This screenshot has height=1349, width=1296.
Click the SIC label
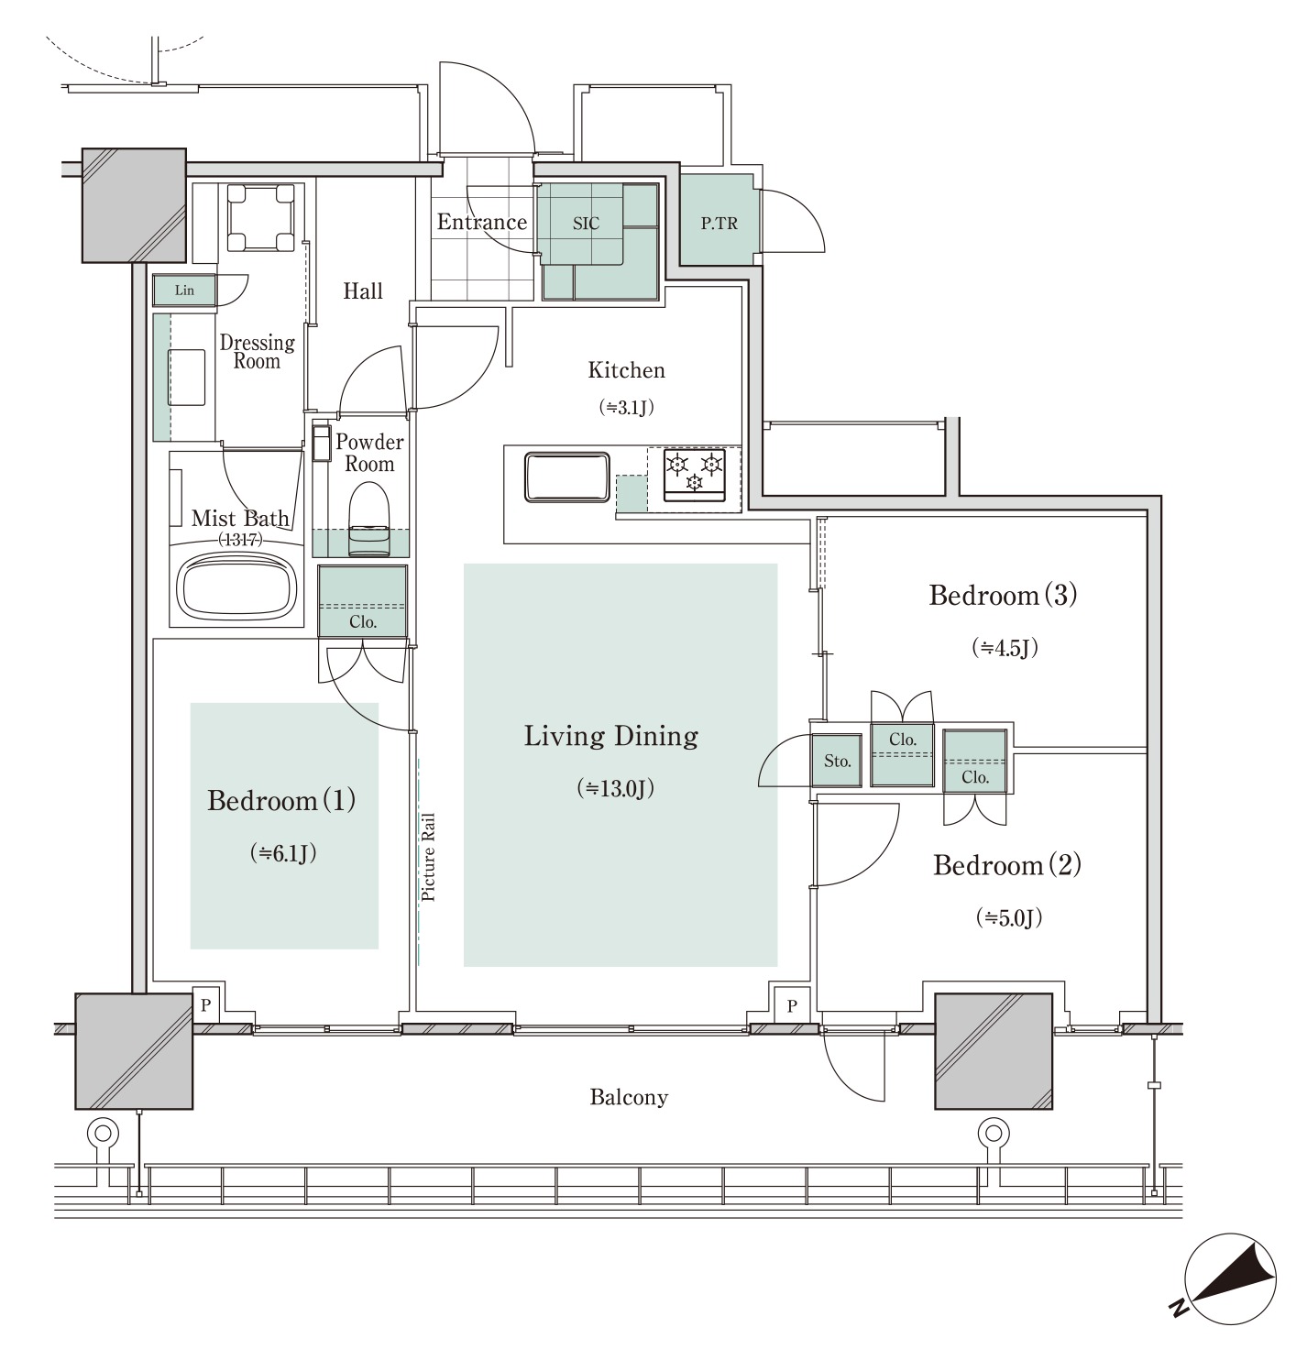click(x=586, y=224)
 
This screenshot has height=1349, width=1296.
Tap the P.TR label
click(x=719, y=224)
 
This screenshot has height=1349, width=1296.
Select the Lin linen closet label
click(x=184, y=290)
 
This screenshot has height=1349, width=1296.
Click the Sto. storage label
click(x=837, y=762)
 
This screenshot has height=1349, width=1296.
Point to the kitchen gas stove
click(x=695, y=474)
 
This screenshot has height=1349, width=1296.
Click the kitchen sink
click(x=567, y=477)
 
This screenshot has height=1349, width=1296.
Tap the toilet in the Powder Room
click(x=368, y=519)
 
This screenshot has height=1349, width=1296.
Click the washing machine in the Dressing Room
click(x=260, y=218)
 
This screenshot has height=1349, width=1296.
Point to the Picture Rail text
click(x=429, y=857)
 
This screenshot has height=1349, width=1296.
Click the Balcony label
click(x=629, y=1097)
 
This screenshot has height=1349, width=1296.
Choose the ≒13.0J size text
click(x=616, y=788)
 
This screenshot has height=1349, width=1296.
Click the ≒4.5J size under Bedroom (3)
click(x=1005, y=647)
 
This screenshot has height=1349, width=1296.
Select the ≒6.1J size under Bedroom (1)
click(x=283, y=852)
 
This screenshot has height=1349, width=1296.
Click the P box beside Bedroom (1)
click(x=206, y=1004)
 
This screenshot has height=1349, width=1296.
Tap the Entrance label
click(x=482, y=222)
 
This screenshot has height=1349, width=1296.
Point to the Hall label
click(x=363, y=291)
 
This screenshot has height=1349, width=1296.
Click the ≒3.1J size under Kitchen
click(x=627, y=407)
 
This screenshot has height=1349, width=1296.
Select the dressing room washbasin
click(x=187, y=377)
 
